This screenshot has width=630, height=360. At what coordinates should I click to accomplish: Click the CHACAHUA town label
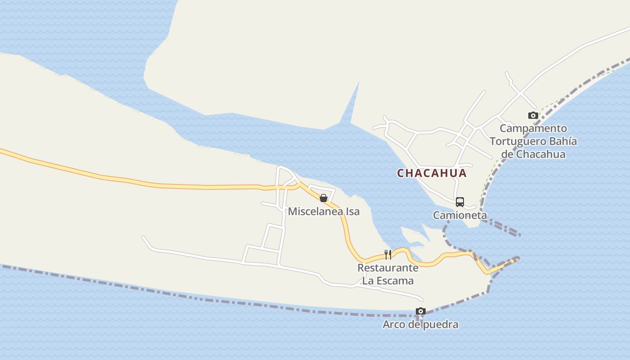(432, 173)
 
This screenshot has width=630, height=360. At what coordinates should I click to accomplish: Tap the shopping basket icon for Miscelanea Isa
(323, 198)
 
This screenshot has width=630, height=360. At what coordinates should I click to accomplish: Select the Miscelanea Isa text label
(324, 211)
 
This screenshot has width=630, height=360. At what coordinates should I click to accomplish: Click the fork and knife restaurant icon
(388, 255)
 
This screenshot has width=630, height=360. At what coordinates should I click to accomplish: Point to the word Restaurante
(388, 268)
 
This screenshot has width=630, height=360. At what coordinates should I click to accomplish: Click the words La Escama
(388, 281)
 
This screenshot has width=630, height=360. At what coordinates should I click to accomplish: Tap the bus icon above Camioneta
(459, 202)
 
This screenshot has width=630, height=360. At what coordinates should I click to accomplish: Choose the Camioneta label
(460, 215)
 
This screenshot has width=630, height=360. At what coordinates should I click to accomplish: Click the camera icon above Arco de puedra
(421, 311)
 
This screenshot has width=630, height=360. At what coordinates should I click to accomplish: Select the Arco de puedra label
(420, 324)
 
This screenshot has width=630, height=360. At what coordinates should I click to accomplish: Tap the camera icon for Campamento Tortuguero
(533, 116)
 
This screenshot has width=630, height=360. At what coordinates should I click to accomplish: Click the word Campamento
(533, 129)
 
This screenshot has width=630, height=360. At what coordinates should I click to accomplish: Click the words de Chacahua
(533, 154)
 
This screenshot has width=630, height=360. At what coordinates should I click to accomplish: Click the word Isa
(352, 211)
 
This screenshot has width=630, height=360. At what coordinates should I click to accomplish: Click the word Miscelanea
(315, 211)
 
